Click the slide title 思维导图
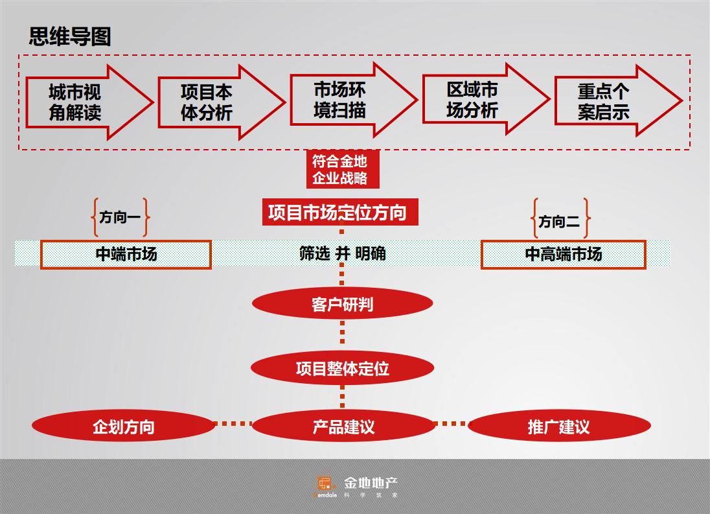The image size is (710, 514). click(x=70, y=36)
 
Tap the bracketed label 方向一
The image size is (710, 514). click(x=120, y=218)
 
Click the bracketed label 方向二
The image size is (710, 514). click(x=560, y=220)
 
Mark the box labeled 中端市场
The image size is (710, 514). click(x=126, y=254)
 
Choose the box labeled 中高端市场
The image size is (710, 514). click(x=563, y=254)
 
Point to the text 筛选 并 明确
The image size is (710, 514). click(x=342, y=253)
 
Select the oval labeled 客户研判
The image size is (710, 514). click(x=342, y=303)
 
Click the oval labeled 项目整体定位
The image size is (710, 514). click(x=342, y=368)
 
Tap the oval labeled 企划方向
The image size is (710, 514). click(x=123, y=426)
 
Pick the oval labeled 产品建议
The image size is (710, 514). click(x=343, y=426)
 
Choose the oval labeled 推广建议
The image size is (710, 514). click(x=558, y=426)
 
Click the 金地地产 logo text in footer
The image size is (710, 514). click(x=371, y=484)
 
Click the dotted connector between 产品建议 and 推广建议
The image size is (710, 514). click(x=451, y=425)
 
